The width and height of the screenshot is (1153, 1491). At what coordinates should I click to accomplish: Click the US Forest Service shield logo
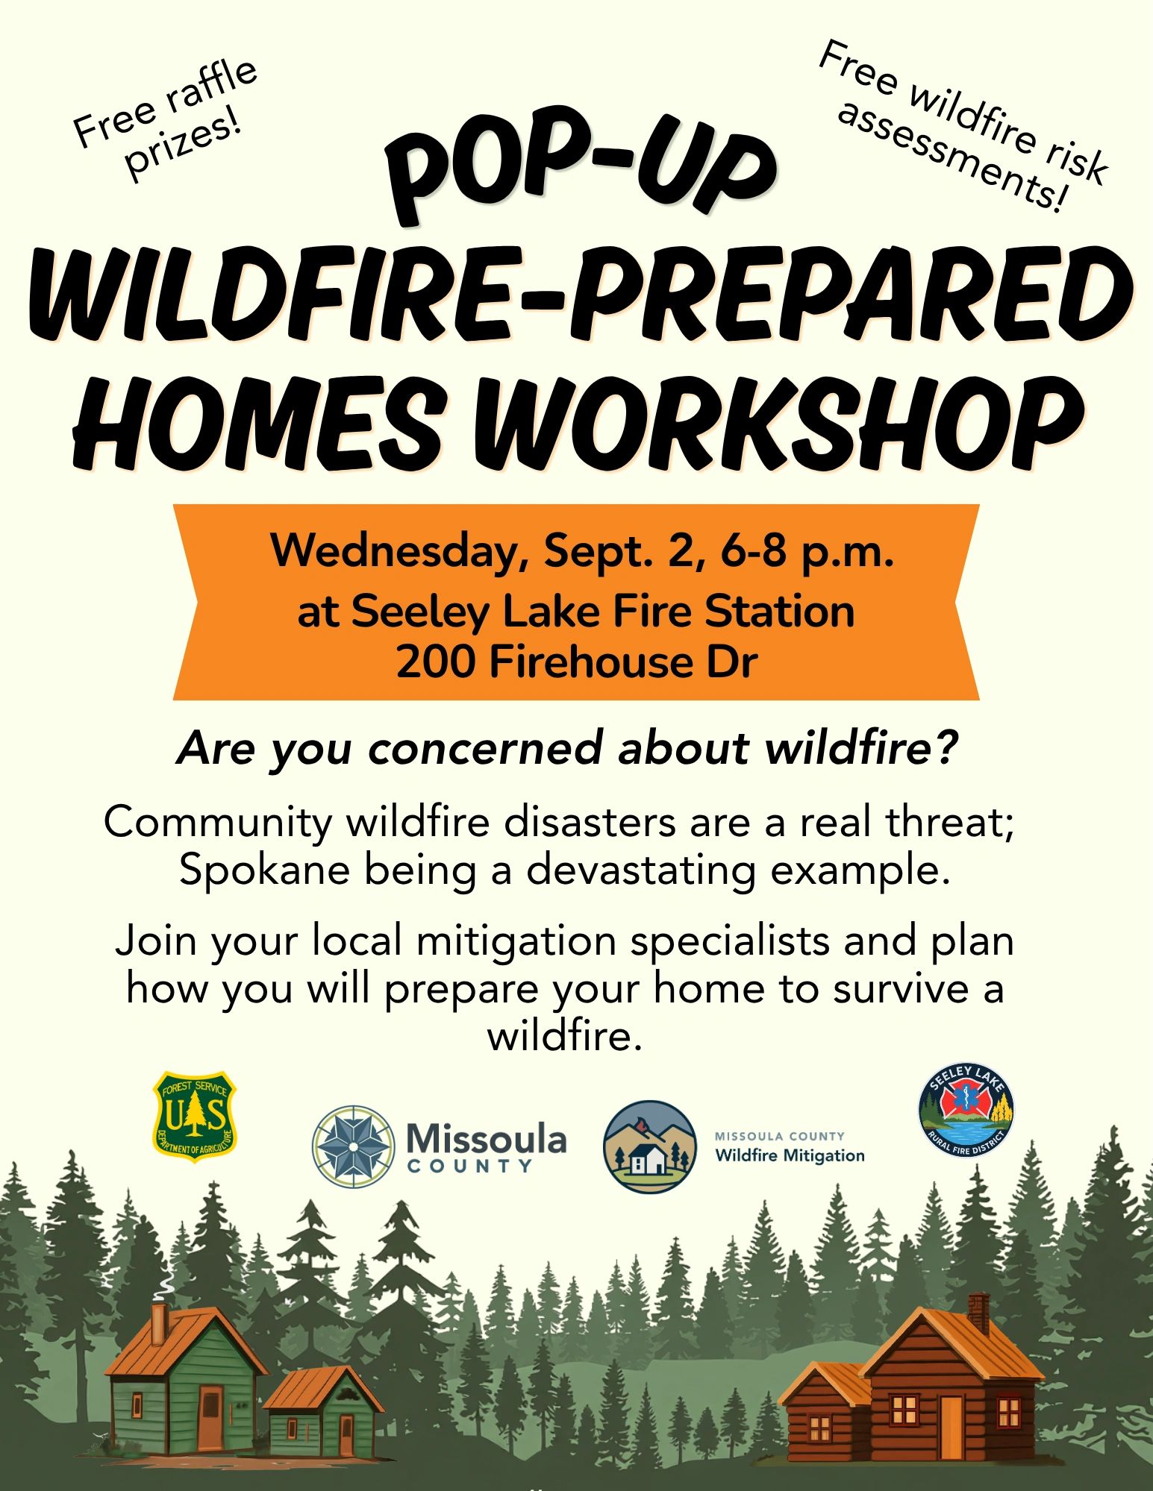[194, 1117]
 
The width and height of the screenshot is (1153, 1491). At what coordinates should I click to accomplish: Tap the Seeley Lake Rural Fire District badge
[966, 1111]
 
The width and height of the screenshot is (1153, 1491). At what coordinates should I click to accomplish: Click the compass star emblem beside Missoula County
[353, 1146]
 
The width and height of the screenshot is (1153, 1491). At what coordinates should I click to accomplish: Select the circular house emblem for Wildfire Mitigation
[649, 1146]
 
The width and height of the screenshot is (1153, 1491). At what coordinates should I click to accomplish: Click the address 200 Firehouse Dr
[577, 662]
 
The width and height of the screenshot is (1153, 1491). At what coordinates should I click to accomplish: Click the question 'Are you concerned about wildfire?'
[567, 748]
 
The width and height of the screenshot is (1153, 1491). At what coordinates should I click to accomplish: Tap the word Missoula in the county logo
[486, 1139]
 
